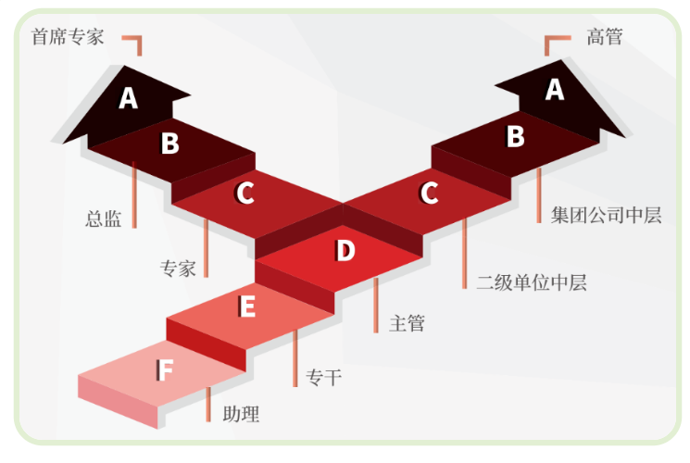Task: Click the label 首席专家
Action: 68,37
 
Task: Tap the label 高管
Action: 605,37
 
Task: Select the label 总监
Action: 103,219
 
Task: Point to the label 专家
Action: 179,269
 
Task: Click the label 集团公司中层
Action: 608,216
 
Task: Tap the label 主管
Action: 408,323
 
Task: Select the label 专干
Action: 323,377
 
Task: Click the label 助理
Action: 241,414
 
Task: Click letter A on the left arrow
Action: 129,98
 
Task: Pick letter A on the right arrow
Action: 554,89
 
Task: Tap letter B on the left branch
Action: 169,144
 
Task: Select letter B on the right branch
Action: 515,137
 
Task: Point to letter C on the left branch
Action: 245,194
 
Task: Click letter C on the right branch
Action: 429,194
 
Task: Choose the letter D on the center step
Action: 345,251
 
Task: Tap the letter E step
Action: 246,307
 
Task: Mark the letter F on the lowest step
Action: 165,370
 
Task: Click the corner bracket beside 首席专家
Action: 134,44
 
